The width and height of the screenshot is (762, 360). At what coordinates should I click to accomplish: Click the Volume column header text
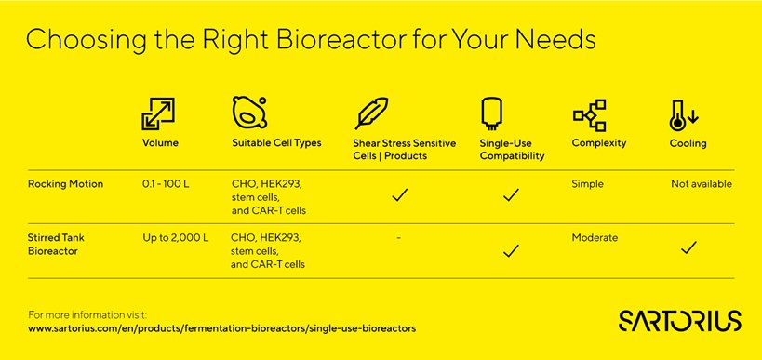(160, 143)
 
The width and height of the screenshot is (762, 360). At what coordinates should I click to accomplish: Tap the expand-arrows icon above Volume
(158, 113)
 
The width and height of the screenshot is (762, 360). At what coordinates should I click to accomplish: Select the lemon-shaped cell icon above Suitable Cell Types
(249, 113)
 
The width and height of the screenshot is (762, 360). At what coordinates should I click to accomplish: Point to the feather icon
(371, 113)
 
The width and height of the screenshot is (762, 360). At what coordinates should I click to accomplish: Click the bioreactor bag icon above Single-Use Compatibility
(491, 113)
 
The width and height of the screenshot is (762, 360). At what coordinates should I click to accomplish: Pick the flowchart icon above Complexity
(590, 115)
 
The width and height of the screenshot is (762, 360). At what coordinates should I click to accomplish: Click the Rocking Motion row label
(66, 184)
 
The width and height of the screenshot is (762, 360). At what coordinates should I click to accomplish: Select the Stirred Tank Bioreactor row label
(57, 245)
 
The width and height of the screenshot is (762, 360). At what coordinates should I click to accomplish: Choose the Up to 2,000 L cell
(176, 238)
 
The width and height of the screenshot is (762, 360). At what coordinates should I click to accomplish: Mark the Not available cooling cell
(702, 184)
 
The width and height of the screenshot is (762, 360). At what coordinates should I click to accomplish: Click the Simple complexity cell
(587, 184)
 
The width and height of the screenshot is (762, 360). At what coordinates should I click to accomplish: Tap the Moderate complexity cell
(595, 238)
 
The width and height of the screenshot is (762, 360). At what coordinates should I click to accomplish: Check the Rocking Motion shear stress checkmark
(399, 194)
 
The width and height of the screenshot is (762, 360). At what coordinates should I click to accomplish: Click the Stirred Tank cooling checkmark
(688, 247)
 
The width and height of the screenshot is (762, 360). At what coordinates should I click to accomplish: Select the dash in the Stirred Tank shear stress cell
(398, 238)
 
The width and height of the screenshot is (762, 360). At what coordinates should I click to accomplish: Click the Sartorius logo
(680, 321)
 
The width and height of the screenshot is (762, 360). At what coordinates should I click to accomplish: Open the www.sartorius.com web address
(222, 328)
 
